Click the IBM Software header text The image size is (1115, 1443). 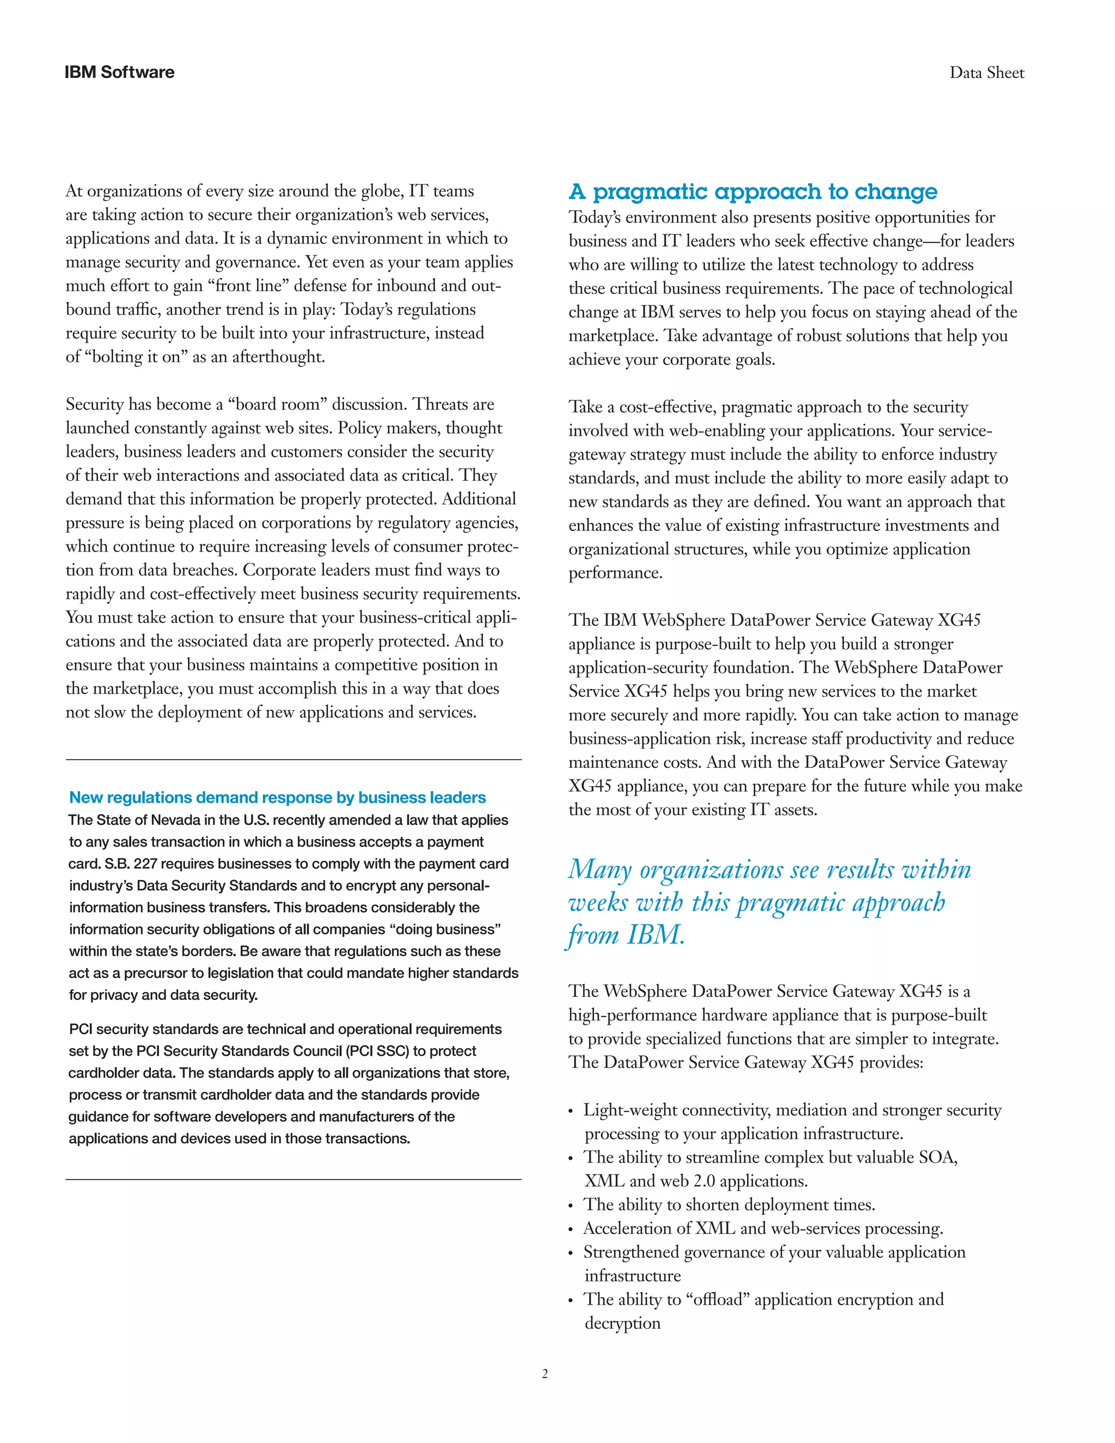[120, 72]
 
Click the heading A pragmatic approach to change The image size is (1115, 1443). [752, 192]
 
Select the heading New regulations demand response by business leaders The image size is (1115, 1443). [278, 798]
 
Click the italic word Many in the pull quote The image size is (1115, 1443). [600, 870]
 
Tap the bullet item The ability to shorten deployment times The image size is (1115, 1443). [728, 1204]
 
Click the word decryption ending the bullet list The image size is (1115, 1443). [622, 1323]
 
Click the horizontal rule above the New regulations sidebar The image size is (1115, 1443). [293, 760]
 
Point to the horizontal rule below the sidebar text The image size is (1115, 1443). [293, 1179]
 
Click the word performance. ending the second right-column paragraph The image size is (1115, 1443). [615, 573]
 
